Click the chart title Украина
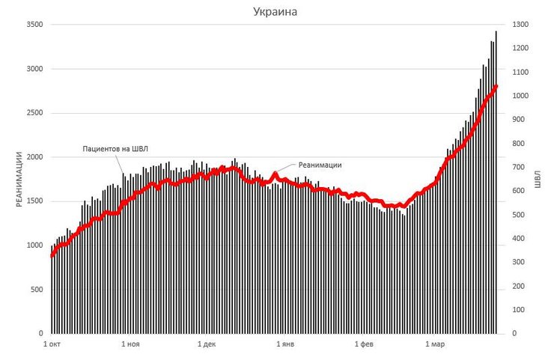(277, 12)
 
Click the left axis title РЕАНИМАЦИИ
(20, 179)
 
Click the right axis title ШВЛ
(537, 179)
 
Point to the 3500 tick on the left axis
(35, 25)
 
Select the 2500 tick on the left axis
(35, 113)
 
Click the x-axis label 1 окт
(52, 344)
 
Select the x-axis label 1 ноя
(130, 344)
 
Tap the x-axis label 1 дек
(207, 344)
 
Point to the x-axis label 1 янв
(284, 344)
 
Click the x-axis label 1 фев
(362, 344)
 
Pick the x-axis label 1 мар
(434, 344)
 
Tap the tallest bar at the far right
(496, 180)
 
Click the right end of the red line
(496, 87)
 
